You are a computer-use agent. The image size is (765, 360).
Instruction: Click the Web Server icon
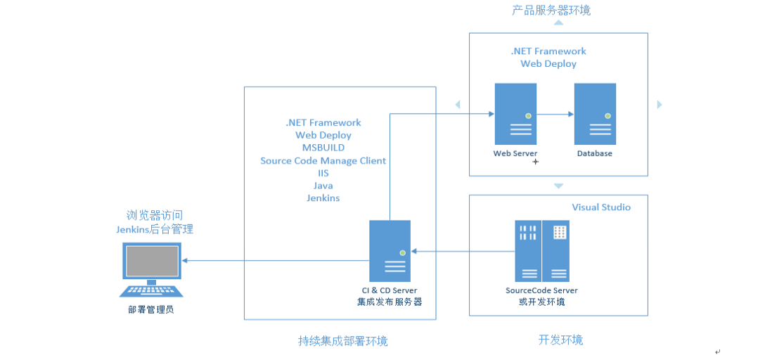[515, 114]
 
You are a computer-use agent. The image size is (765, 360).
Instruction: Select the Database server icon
[595, 114]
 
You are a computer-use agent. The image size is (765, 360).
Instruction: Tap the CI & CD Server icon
[390, 251]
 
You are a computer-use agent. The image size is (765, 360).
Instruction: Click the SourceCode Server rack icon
[542, 251]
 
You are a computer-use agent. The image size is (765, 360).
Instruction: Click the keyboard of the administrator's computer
[152, 290]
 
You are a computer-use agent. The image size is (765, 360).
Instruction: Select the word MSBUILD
[323, 148]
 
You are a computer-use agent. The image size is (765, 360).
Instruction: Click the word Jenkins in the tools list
[323, 198]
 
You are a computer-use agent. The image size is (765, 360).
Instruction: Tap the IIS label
[323, 173]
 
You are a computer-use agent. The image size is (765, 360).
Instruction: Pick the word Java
[323, 186]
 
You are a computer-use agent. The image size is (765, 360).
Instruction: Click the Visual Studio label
[601, 207]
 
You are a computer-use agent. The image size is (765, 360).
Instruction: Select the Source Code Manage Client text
[323, 160]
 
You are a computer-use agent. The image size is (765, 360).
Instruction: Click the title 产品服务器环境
[551, 11]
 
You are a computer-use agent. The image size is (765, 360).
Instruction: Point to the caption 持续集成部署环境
[343, 341]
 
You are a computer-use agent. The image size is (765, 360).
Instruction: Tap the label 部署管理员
[151, 310]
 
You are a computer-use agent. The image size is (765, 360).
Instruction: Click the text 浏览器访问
[155, 215]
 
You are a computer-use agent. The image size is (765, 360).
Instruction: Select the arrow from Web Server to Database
[555, 114]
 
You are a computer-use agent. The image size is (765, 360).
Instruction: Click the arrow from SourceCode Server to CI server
[463, 251]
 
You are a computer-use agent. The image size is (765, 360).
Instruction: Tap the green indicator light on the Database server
[608, 115]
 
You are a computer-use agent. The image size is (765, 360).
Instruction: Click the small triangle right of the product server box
[660, 104]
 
